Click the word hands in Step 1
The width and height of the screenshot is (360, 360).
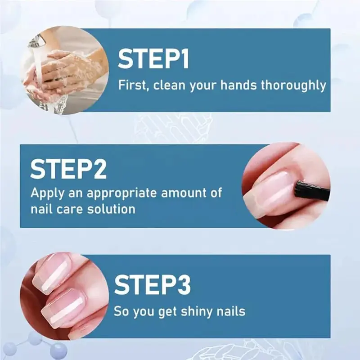(x=239, y=85)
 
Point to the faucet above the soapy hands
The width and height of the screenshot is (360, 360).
(x=38, y=42)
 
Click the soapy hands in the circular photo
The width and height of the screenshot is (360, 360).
(x=67, y=74)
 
